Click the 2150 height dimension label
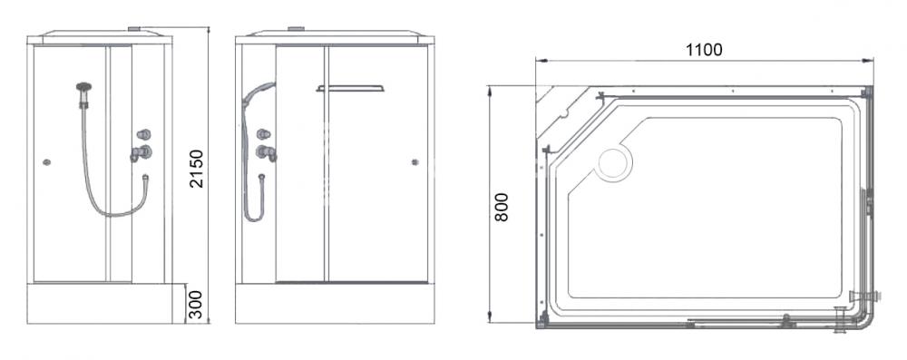click(197, 169)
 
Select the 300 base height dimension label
click(196, 305)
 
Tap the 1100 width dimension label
click(704, 51)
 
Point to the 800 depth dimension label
click(502, 207)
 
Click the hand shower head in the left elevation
click(83, 89)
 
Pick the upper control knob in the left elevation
click(143, 135)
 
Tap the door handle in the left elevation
click(47, 162)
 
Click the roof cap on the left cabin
click(134, 28)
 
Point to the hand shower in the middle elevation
click(258, 93)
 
